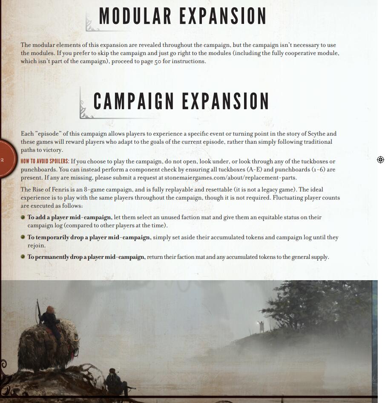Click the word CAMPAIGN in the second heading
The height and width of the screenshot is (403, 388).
[x=134, y=101]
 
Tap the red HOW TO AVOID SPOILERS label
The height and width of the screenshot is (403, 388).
[x=45, y=162]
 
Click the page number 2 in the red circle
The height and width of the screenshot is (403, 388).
[x=2, y=160]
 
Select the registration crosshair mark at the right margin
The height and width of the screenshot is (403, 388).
[x=380, y=159]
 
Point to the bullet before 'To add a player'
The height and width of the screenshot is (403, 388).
[x=23, y=217]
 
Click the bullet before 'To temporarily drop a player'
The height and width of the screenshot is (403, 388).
[x=23, y=237]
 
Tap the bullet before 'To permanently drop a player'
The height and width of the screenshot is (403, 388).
[x=23, y=257]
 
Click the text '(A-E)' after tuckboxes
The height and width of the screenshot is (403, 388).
[x=254, y=170]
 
